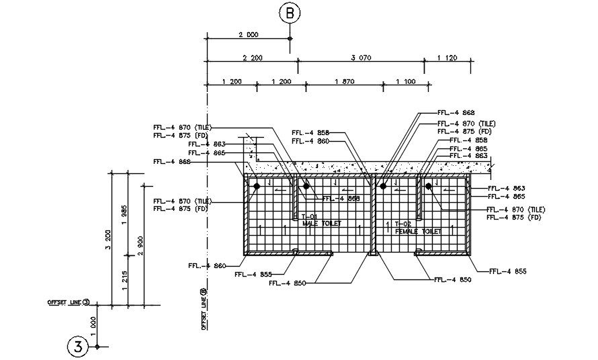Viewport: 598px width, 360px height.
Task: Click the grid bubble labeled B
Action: click(x=290, y=12)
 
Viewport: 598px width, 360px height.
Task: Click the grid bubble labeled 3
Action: click(x=78, y=347)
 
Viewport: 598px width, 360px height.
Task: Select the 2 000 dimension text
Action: click(x=248, y=34)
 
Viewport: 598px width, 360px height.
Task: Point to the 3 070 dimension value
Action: click(x=361, y=58)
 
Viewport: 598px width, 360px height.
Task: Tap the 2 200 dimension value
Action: click(x=252, y=58)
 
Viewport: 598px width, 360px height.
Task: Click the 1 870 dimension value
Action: click(x=343, y=81)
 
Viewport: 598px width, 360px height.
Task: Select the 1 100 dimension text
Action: click(x=406, y=81)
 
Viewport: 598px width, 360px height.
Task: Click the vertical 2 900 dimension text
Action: click(x=140, y=246)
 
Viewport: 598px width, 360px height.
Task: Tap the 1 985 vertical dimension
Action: click(x=124, y=214)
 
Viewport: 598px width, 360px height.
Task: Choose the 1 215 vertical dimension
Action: click(x=124, y=281)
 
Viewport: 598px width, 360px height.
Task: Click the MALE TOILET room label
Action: click(x=322, y=223)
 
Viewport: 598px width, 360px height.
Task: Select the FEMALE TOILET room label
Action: click(x=418, y=231)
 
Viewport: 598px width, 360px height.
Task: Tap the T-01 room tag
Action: click(x=308, y=216)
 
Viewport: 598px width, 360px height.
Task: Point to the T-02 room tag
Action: click(x=402, y=224)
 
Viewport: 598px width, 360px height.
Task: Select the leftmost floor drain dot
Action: click(x=257, y=186)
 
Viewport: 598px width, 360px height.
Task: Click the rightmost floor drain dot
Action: click(x=427, y=186)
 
